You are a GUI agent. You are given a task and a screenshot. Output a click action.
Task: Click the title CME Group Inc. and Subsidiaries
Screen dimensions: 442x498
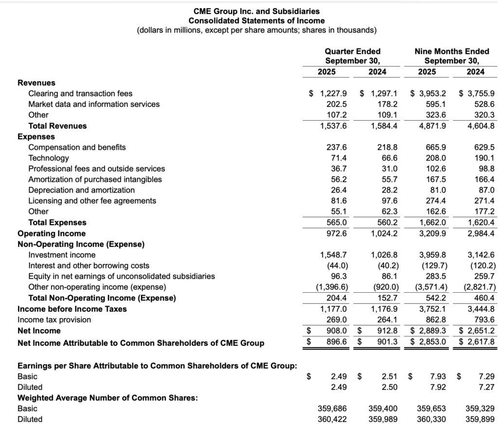(x=256, y=11)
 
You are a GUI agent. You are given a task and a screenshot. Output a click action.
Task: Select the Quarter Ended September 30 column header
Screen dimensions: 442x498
(x=353, y=56)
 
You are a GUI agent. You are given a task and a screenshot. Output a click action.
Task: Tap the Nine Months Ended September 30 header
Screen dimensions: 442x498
(x=451, y=56)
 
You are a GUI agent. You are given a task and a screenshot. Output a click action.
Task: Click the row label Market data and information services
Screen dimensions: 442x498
(x=94, y=104)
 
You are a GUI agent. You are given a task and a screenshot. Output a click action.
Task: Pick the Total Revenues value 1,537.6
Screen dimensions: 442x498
(x=333, y=126)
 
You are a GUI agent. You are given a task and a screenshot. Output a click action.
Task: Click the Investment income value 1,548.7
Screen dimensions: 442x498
(x=333, y=255)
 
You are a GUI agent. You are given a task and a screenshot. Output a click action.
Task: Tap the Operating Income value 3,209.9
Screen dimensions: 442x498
(x=432, y=233)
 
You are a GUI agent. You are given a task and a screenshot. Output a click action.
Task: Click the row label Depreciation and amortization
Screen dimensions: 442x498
(x=81, y=190)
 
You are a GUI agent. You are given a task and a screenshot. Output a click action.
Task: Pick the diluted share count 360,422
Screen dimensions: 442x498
(x=332, y=419)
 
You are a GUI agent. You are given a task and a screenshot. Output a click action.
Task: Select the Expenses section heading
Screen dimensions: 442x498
(x=36, y=137)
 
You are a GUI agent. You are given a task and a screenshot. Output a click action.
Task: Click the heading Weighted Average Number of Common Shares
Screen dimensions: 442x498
(x=107, y=398)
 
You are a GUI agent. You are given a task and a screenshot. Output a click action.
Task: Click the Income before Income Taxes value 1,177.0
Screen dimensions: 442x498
(x=333, y=309)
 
